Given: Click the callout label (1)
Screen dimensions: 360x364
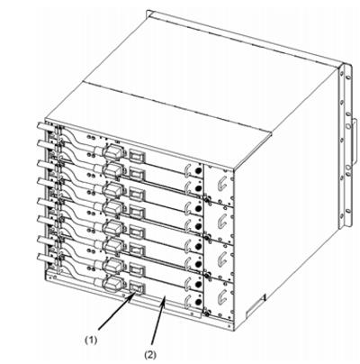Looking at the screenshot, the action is click(x=90, y=340).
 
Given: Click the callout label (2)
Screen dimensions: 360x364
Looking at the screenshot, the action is click(x=150, y=355).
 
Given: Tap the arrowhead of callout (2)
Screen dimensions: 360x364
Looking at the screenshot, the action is click(x=164, y=299).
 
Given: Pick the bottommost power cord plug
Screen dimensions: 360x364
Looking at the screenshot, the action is click(x=112, y=285).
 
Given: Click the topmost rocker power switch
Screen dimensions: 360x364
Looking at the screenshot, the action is click(x=137, y=156).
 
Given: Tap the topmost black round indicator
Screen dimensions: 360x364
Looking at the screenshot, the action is click(x=198, y=170).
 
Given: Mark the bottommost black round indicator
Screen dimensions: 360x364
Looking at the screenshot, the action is click(x=198, y=301).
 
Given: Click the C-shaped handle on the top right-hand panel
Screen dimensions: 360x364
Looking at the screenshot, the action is click(x=221, y=183).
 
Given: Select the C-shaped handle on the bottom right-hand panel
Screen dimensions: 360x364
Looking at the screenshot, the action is click(x=221, y=296).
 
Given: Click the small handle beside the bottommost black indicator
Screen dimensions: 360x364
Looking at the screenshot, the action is click(x=187, y=301).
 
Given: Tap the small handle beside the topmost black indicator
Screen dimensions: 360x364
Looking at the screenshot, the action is click(x=187, y=169).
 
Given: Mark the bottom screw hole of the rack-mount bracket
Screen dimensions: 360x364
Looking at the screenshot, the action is click(x=347, y=211).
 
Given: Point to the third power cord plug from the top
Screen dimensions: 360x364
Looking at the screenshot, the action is click(x=113, y=190).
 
